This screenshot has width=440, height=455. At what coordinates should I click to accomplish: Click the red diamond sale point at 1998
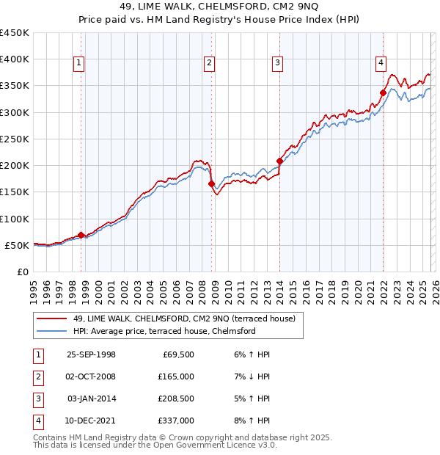coord(81,235)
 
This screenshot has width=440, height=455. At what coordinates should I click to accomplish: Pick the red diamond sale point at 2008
coord(212,184)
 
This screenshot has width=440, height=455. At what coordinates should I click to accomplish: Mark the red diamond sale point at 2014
coord(279,161)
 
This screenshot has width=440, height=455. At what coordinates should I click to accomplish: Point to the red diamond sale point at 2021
coord(383,92)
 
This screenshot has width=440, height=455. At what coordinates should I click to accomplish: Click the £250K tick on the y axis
coord(15,139)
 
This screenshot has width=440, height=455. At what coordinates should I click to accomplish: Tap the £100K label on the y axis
coord(15,219)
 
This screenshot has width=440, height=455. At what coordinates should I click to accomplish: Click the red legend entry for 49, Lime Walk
coord(183,318)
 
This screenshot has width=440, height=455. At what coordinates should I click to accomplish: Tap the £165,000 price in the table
coord(176,376)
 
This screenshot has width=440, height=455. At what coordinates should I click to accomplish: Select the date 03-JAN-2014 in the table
coord(91,398)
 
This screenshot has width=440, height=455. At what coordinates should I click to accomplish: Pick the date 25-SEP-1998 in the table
coord(91,354)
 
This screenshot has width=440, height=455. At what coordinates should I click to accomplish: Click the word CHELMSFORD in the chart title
coord(185,7)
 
